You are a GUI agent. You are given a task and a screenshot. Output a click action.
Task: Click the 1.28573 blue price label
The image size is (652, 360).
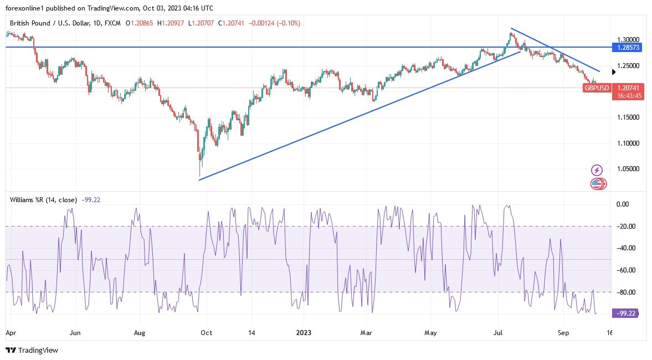click(628, 48)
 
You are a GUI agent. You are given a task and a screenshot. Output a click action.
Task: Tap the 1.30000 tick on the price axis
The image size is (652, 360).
click(628, 40)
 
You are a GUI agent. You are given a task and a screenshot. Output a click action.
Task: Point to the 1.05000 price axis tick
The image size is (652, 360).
click(628, 169)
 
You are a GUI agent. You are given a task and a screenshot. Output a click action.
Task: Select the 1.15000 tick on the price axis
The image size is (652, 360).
click(628, 117)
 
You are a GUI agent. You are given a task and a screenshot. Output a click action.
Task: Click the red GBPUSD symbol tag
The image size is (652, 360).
click(597, 88)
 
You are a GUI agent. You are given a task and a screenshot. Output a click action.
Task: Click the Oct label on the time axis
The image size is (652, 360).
click(206, 333)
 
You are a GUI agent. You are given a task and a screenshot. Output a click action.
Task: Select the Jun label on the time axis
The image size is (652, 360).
click(75, 333)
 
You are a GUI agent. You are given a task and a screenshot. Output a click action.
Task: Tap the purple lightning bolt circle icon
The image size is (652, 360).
click(597, 170)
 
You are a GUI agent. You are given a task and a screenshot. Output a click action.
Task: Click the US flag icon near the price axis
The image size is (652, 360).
click(597, 184)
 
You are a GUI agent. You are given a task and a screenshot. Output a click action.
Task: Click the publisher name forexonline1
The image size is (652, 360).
click(27, 8)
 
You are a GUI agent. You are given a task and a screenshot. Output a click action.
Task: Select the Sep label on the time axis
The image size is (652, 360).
click(564, 333)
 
